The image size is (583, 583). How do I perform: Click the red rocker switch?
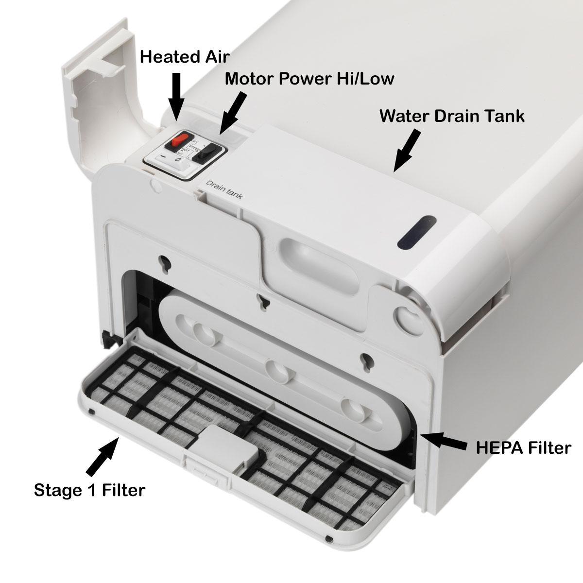pyautogui.click(x=176, y=142)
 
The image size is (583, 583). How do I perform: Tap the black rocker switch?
pyautogui.click(x=201, y=156)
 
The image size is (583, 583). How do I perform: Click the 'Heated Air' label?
pyautogui.click(x=184, y=57)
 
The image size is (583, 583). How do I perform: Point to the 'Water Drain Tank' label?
pyautogui.click(x=452, y=116)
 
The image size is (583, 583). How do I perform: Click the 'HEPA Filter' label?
pyautogui.click(x=523, y=447)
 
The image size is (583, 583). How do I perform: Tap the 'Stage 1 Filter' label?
pyautogui.click(x=89, y=490)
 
